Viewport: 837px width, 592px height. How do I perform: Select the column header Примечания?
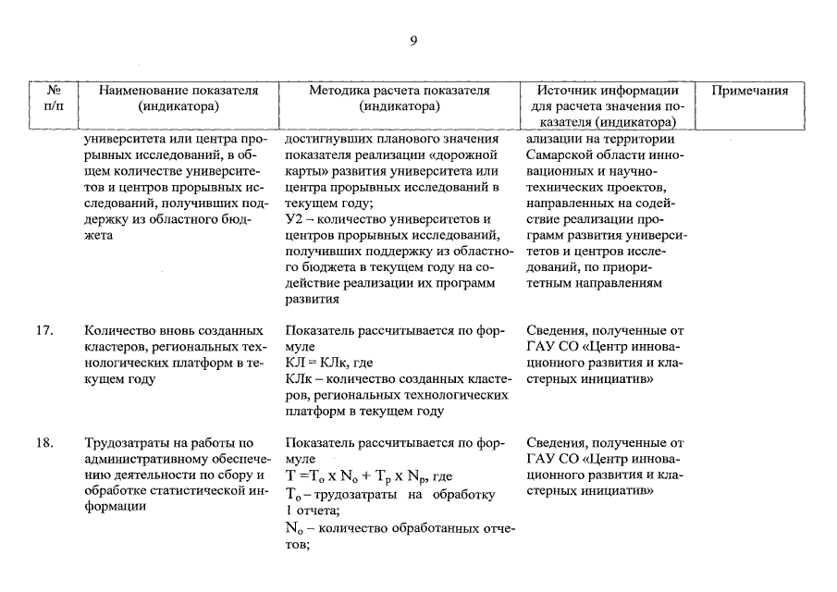coord(750,91)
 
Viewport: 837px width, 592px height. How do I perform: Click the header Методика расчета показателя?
coord(399,91)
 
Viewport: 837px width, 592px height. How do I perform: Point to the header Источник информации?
coord(608,91)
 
